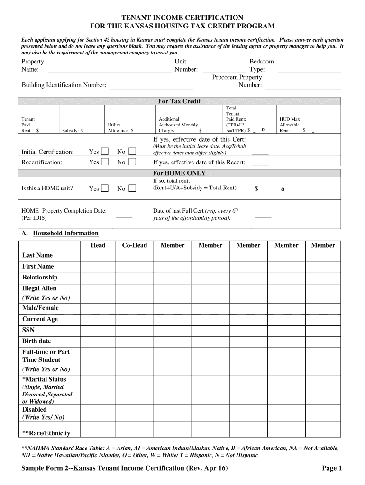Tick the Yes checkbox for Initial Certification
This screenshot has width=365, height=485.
pyautogui.click(x=105, y=152)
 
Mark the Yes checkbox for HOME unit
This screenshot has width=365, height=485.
pyautogui.click(x=105, y=189)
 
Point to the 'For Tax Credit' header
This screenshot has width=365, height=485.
pyautogui.click(x=179, y=101)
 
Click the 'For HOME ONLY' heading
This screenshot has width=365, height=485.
pyautogui.click(x=179, y=173)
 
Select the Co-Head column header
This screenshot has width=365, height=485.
pyautogui.click(x=135, y=245)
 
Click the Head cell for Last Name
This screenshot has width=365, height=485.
pyautogui.click(x=98, y=256)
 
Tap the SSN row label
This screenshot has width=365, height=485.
pyautogui.click(x=28, y=330)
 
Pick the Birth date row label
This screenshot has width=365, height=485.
pyautogui.click(x=36, y=341)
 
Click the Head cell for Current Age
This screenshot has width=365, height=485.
pyautogui.click(x=98, y=319)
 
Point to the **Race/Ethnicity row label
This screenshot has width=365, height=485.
pyautogui.click(x=46, y=433)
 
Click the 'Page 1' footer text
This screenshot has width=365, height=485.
pyautogui.click(x=332, y=468)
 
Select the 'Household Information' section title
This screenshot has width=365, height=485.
pyautogui.click(x=65, y=233)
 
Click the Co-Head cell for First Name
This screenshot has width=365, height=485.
pyautogui.click(x=135, y=267)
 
